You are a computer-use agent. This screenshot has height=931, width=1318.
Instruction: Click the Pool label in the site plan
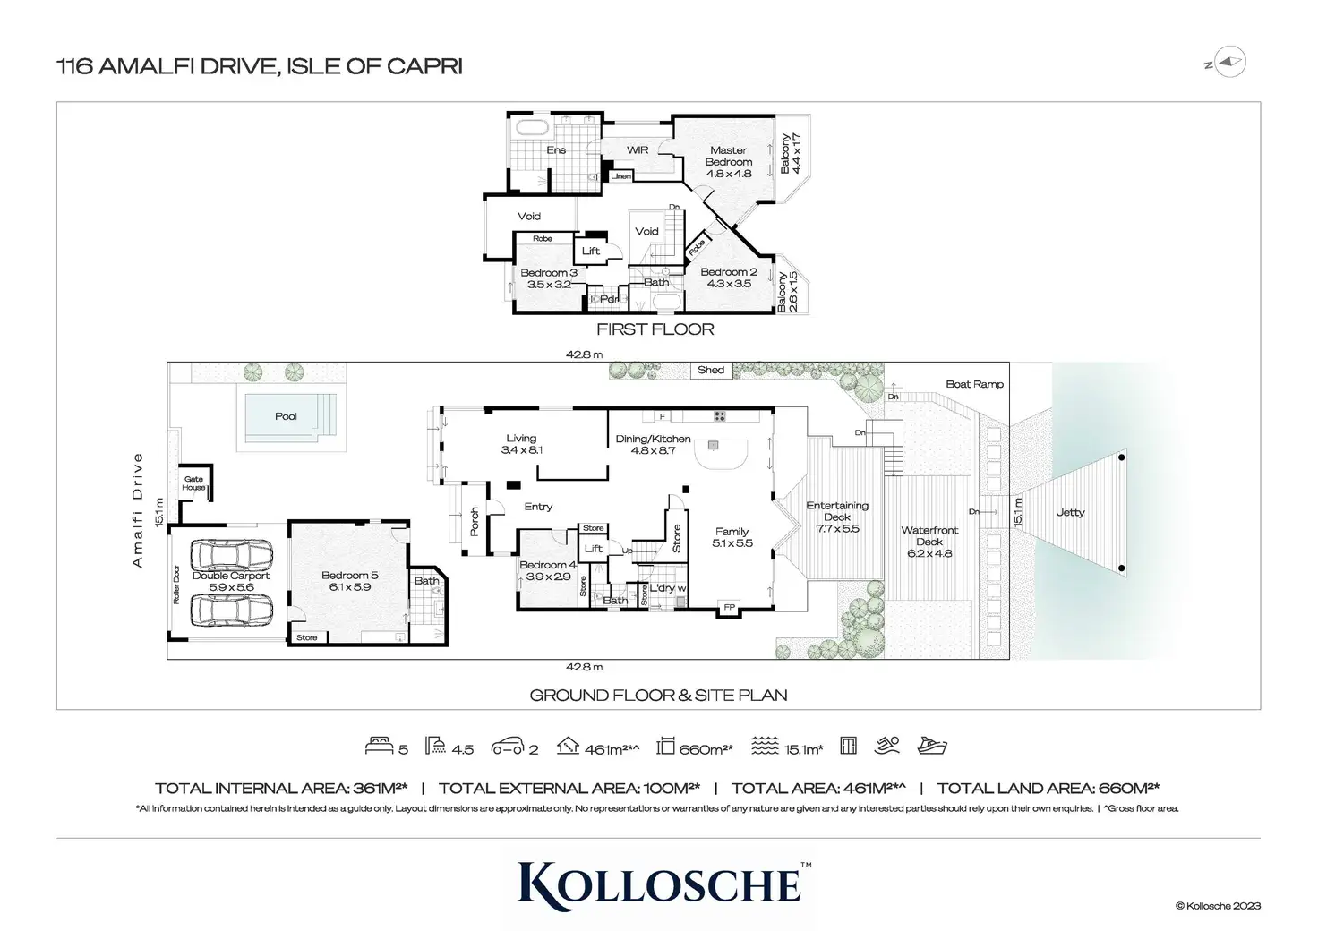coord(286,416)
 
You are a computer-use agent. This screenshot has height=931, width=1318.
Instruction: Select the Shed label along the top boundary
coord(711,370)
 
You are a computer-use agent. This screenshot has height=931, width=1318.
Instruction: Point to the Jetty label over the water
coord(1070,513)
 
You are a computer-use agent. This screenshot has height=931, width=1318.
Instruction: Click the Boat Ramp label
coord(974,384)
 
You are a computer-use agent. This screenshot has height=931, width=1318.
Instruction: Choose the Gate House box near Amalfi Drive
coord(194,483)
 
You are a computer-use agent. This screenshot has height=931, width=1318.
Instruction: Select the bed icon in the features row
coord(380,746)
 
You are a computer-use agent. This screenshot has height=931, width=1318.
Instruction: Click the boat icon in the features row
coord(932,746)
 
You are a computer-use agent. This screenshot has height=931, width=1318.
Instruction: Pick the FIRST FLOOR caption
coord(655,329)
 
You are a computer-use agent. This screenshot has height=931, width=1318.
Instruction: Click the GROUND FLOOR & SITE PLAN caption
coord(658,695)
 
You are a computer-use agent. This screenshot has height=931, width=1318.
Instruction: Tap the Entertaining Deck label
coord(837,517)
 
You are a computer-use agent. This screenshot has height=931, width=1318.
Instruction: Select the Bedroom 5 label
coord(349,581)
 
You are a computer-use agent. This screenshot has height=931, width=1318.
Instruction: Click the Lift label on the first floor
coord(591,251)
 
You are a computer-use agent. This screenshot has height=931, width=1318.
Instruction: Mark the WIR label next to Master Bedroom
coord(638,150)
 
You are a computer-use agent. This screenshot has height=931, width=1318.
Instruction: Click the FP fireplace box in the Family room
coord(730,608)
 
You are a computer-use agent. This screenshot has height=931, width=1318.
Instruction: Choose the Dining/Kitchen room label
coord(653,444)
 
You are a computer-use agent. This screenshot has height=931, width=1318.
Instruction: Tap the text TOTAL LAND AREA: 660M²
coord(1048,789)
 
